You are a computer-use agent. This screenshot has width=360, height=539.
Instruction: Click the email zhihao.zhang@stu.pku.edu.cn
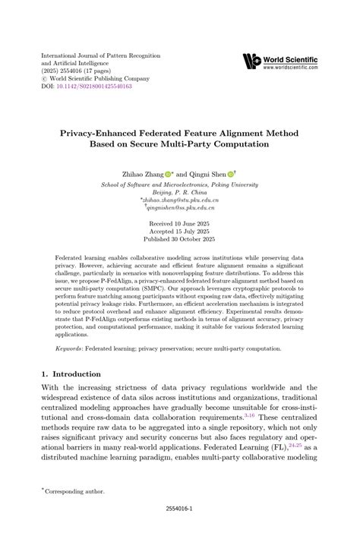click(x=180, y=199)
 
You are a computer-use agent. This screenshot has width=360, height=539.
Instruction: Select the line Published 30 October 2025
click(x=179, y=241)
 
